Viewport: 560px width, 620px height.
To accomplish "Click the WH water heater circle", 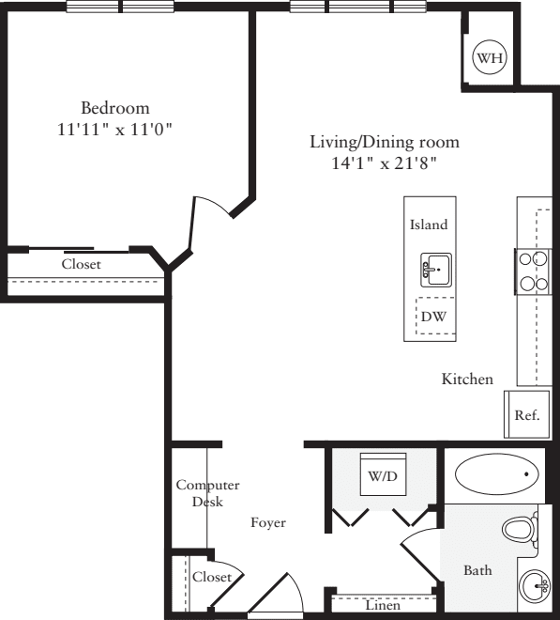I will [489, 58].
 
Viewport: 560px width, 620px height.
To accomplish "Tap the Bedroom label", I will [114, 107].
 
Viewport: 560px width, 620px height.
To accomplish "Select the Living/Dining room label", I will [385, 142].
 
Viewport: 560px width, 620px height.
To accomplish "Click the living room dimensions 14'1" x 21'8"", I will [385, 163].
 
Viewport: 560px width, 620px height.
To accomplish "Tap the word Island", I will [429, 225].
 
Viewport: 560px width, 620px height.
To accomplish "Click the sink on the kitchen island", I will [435, 270].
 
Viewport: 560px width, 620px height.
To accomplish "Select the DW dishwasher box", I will [433, 318].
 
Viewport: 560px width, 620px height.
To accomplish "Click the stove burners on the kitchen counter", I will [533, 271].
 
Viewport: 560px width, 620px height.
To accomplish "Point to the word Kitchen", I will [467, 380].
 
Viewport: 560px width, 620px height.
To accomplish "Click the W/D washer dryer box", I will [382, 476].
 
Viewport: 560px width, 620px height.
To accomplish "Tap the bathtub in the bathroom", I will [497, 474].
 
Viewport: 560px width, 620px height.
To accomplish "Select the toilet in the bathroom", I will [519, 530].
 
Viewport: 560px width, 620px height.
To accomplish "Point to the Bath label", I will [477, 570].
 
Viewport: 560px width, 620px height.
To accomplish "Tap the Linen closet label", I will [383, 606].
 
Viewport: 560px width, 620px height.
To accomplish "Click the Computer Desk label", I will [207, 493].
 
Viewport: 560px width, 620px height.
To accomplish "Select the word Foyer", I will [267, 522].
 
